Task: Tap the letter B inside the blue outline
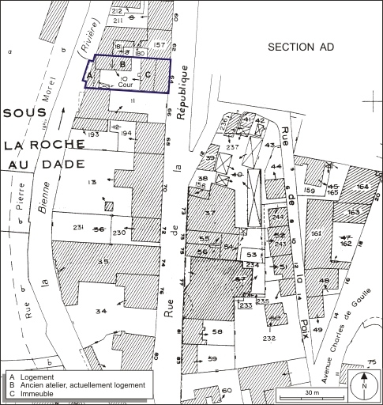point(122,65)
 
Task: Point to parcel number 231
point(79,228)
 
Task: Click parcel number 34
point(100,312)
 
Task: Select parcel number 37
point(210,214)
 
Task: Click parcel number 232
point(269,338)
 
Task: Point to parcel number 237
point(232,147)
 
